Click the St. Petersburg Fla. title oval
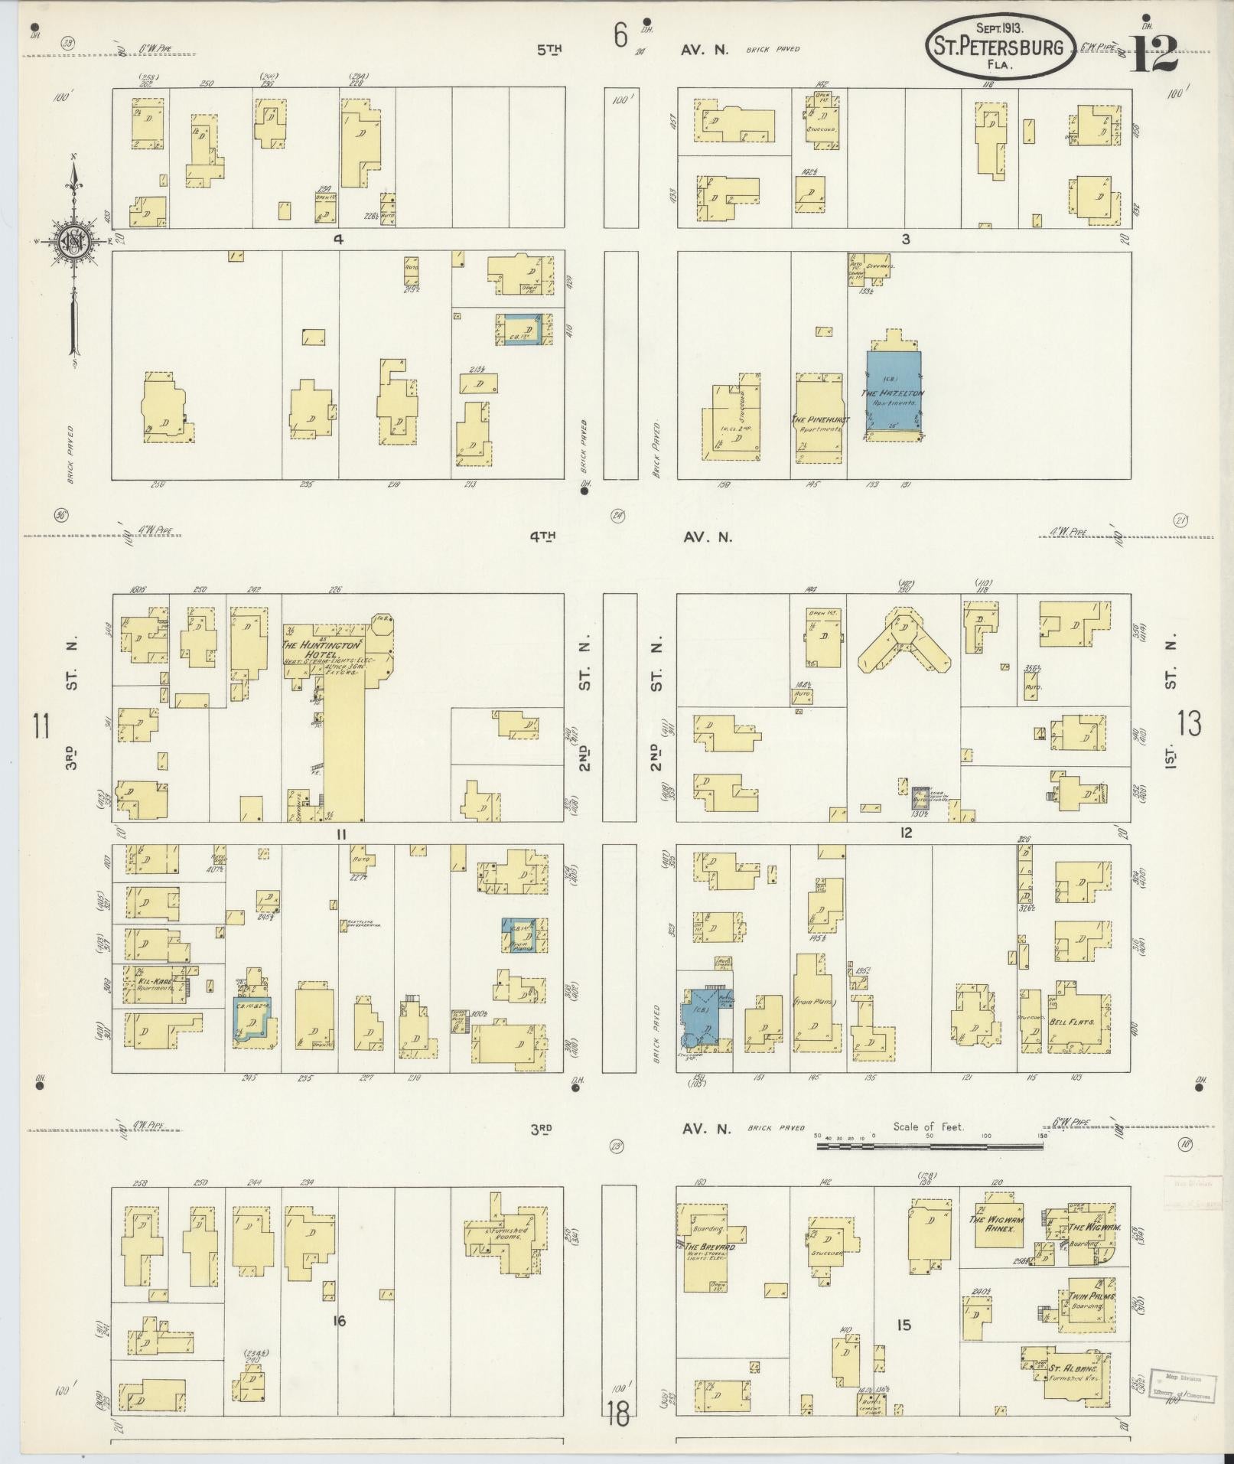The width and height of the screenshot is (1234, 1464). pos(1001,47)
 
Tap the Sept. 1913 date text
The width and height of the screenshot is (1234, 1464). pos(1000,28)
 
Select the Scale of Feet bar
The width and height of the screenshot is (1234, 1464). pos(930,1146)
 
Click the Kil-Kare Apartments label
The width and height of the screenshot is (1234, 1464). pos(153,983)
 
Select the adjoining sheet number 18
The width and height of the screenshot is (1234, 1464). pos(617,1414)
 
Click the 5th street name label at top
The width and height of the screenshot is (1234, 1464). pos(549,50)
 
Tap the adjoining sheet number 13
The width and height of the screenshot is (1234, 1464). pos(1190,723)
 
